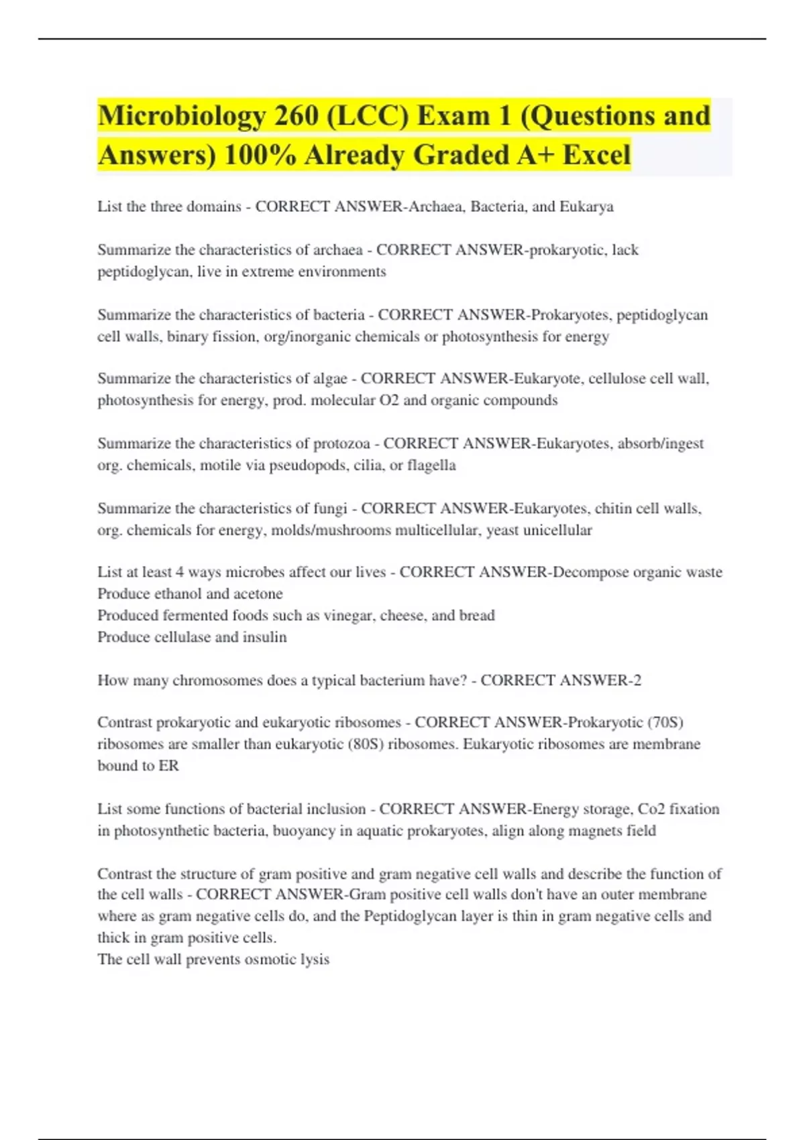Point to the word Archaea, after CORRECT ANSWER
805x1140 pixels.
point(436,207)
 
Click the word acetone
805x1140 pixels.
point(258,594)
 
